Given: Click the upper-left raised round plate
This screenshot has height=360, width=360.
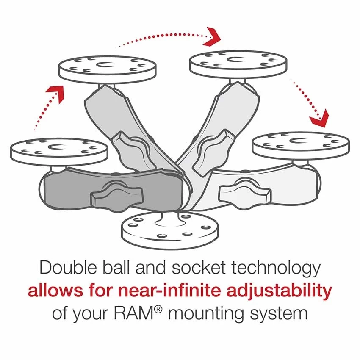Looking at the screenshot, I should (107, 68).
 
